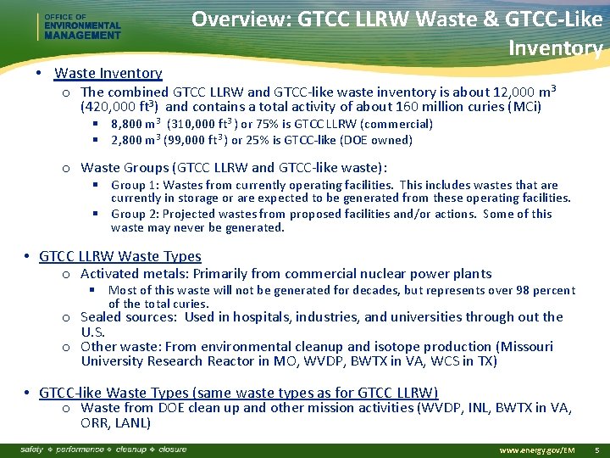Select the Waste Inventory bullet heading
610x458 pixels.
click(108, 74)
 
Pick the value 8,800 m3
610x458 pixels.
click(136, 124)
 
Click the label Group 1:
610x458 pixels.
click(135, 185)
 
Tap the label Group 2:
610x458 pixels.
click(135, 214)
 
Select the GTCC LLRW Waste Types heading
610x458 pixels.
click(120, 256)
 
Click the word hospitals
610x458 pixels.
click(259, 317)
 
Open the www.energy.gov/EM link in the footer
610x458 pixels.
click(537, 450)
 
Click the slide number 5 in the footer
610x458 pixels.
click(597, 450)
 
